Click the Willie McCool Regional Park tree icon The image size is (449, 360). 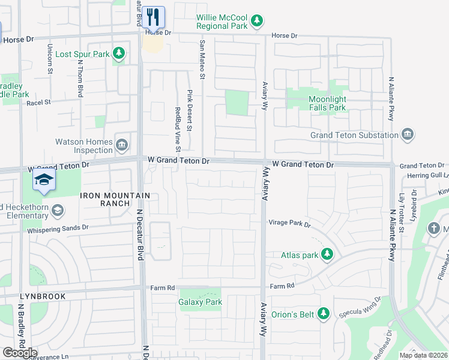point(257,22)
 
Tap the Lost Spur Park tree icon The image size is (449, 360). point(119,54)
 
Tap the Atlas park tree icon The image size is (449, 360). point(327,255)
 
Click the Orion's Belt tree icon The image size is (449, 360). point(324,313)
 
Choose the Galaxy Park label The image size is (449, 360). point(200,302)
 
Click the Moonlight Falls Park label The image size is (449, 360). point(327,103)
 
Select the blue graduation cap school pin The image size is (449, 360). point(44,179)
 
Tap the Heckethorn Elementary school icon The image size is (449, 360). point(57,210)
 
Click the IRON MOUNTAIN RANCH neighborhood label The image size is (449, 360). point(106,199)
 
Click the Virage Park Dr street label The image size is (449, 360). point(289,224)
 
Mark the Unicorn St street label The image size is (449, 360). point(50,59)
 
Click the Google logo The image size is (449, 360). point(19,352)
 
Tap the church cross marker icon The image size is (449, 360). point(434,229)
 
